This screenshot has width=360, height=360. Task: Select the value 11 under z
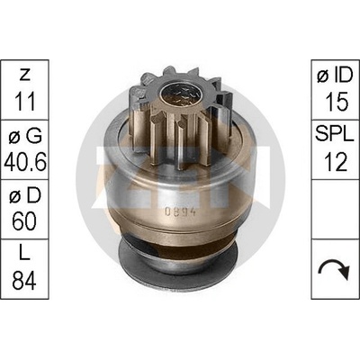pos(24,101)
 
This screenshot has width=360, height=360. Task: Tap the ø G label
pos(25,137)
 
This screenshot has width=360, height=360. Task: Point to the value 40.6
pos(25,162)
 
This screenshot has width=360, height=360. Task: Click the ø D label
pos(25,195)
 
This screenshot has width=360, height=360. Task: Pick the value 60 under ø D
pos(24,221)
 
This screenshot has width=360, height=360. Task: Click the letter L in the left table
pos(23,255)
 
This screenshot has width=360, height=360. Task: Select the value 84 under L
pos(24,281)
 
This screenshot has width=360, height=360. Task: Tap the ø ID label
pos(335,76)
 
